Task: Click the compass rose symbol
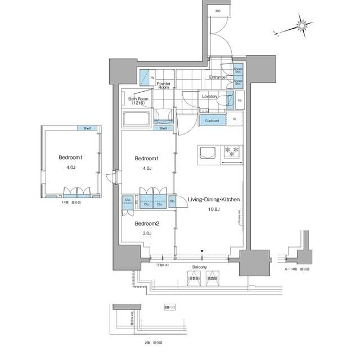click(x=303, y=25)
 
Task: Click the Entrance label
click(x=217, y=77)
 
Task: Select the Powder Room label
click(x=163, y=85)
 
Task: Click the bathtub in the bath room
click(x=135, y=119)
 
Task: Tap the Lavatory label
click(x=210, y=96)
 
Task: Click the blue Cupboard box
click(x=212, y=120)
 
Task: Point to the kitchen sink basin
click(x=206, y=152)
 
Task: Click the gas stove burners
click(x=231, y=151)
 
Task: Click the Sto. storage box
click(x=172, y=201)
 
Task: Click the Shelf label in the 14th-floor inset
click(x=87, y=128)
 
